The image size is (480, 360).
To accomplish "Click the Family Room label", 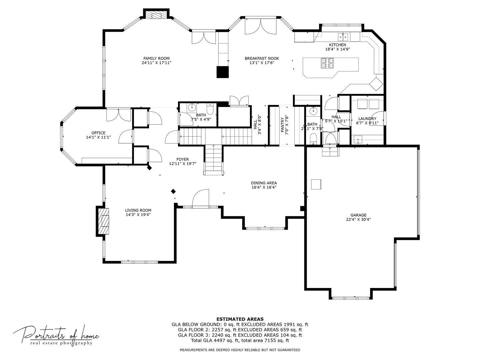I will point(156,58).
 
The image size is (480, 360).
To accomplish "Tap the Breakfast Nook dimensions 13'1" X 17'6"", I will point(262,63).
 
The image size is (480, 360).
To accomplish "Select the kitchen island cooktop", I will point(327,63).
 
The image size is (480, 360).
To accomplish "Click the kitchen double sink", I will point(343,36).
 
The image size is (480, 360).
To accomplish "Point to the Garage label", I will point(358,215).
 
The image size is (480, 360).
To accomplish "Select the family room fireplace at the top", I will point(157,15).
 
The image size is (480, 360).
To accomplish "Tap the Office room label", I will point(98,133).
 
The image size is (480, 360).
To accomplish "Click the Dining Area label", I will point(264,183).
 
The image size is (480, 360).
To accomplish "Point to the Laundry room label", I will point(367,119).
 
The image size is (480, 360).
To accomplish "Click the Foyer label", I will point(183,159).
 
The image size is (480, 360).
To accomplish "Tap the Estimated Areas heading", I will point(240,319).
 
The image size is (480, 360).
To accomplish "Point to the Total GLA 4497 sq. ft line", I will point(240,340).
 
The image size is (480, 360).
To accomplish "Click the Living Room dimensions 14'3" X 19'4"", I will point(138,215).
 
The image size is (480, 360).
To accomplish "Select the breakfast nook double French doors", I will point(260,27).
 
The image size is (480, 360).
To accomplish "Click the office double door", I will point(119,115).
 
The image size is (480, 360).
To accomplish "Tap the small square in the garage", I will point(316,184).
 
